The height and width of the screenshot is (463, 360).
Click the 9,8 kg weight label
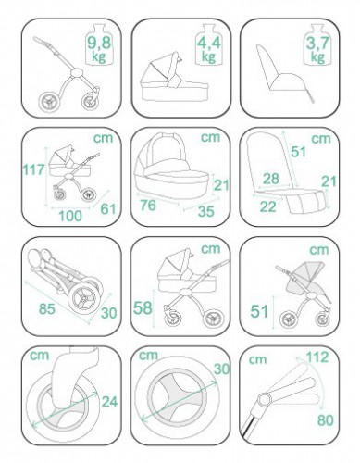coord(99,49)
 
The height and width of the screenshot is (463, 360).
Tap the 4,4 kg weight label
coord(209,49)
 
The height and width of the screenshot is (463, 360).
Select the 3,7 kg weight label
coord(318,49)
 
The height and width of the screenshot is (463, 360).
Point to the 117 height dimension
coord(33,169)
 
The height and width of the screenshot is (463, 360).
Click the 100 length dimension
coord(70,216)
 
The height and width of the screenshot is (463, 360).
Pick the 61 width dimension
coord(108,209)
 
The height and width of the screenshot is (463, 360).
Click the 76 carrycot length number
coord(148,206)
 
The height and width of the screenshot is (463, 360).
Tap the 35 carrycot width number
coord(206,211)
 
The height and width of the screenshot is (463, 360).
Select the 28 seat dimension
coord(271,179)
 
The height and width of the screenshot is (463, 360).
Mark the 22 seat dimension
coord(267,206)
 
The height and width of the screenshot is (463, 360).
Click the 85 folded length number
coord(47,308)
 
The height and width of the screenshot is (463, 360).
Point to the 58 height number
coord(143,307)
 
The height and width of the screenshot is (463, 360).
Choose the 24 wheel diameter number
coord(109,402)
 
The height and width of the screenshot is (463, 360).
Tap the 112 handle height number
coord(317,357)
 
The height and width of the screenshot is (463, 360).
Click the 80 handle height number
coord(326,420)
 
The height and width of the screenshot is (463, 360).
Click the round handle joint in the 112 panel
coord(265,399)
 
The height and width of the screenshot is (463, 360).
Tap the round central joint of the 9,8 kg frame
coord(76,74)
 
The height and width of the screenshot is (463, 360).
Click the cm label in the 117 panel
coord(104,138)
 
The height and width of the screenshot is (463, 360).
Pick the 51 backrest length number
coord(299,152)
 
